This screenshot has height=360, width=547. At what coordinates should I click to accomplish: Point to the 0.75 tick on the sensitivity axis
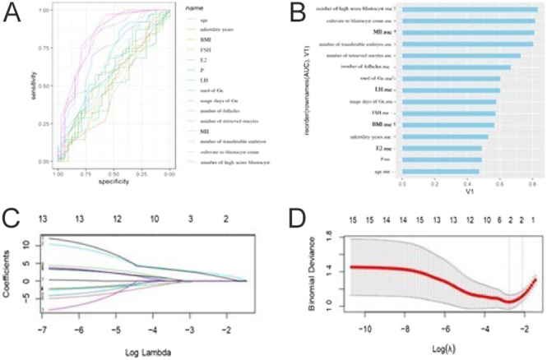click(42, 48)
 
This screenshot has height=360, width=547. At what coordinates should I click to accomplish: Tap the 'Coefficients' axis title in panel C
click(7, 275)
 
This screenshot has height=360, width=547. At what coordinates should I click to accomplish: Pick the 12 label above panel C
click(118, 219)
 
